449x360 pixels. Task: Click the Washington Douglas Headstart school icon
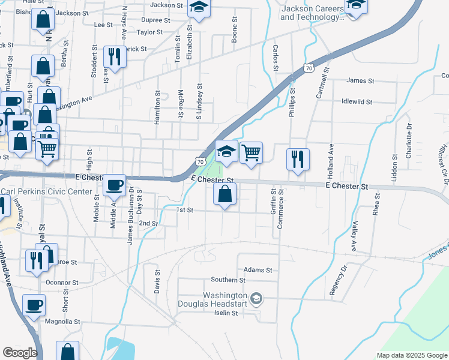pos(256,299)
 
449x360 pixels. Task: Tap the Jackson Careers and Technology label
pos(313,13)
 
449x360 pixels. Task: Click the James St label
pos(360,80)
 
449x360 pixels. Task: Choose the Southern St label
pos(228,280)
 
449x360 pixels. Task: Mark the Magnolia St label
pos(62,322)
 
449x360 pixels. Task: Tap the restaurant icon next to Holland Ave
pos(298,160)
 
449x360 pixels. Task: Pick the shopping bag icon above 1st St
pos(224,194)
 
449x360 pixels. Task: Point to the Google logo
pos(20,352)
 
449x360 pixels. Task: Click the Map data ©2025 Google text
pos(411,355)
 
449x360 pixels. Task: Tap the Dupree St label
pos(155,20)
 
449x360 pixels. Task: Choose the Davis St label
pos(157,280)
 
